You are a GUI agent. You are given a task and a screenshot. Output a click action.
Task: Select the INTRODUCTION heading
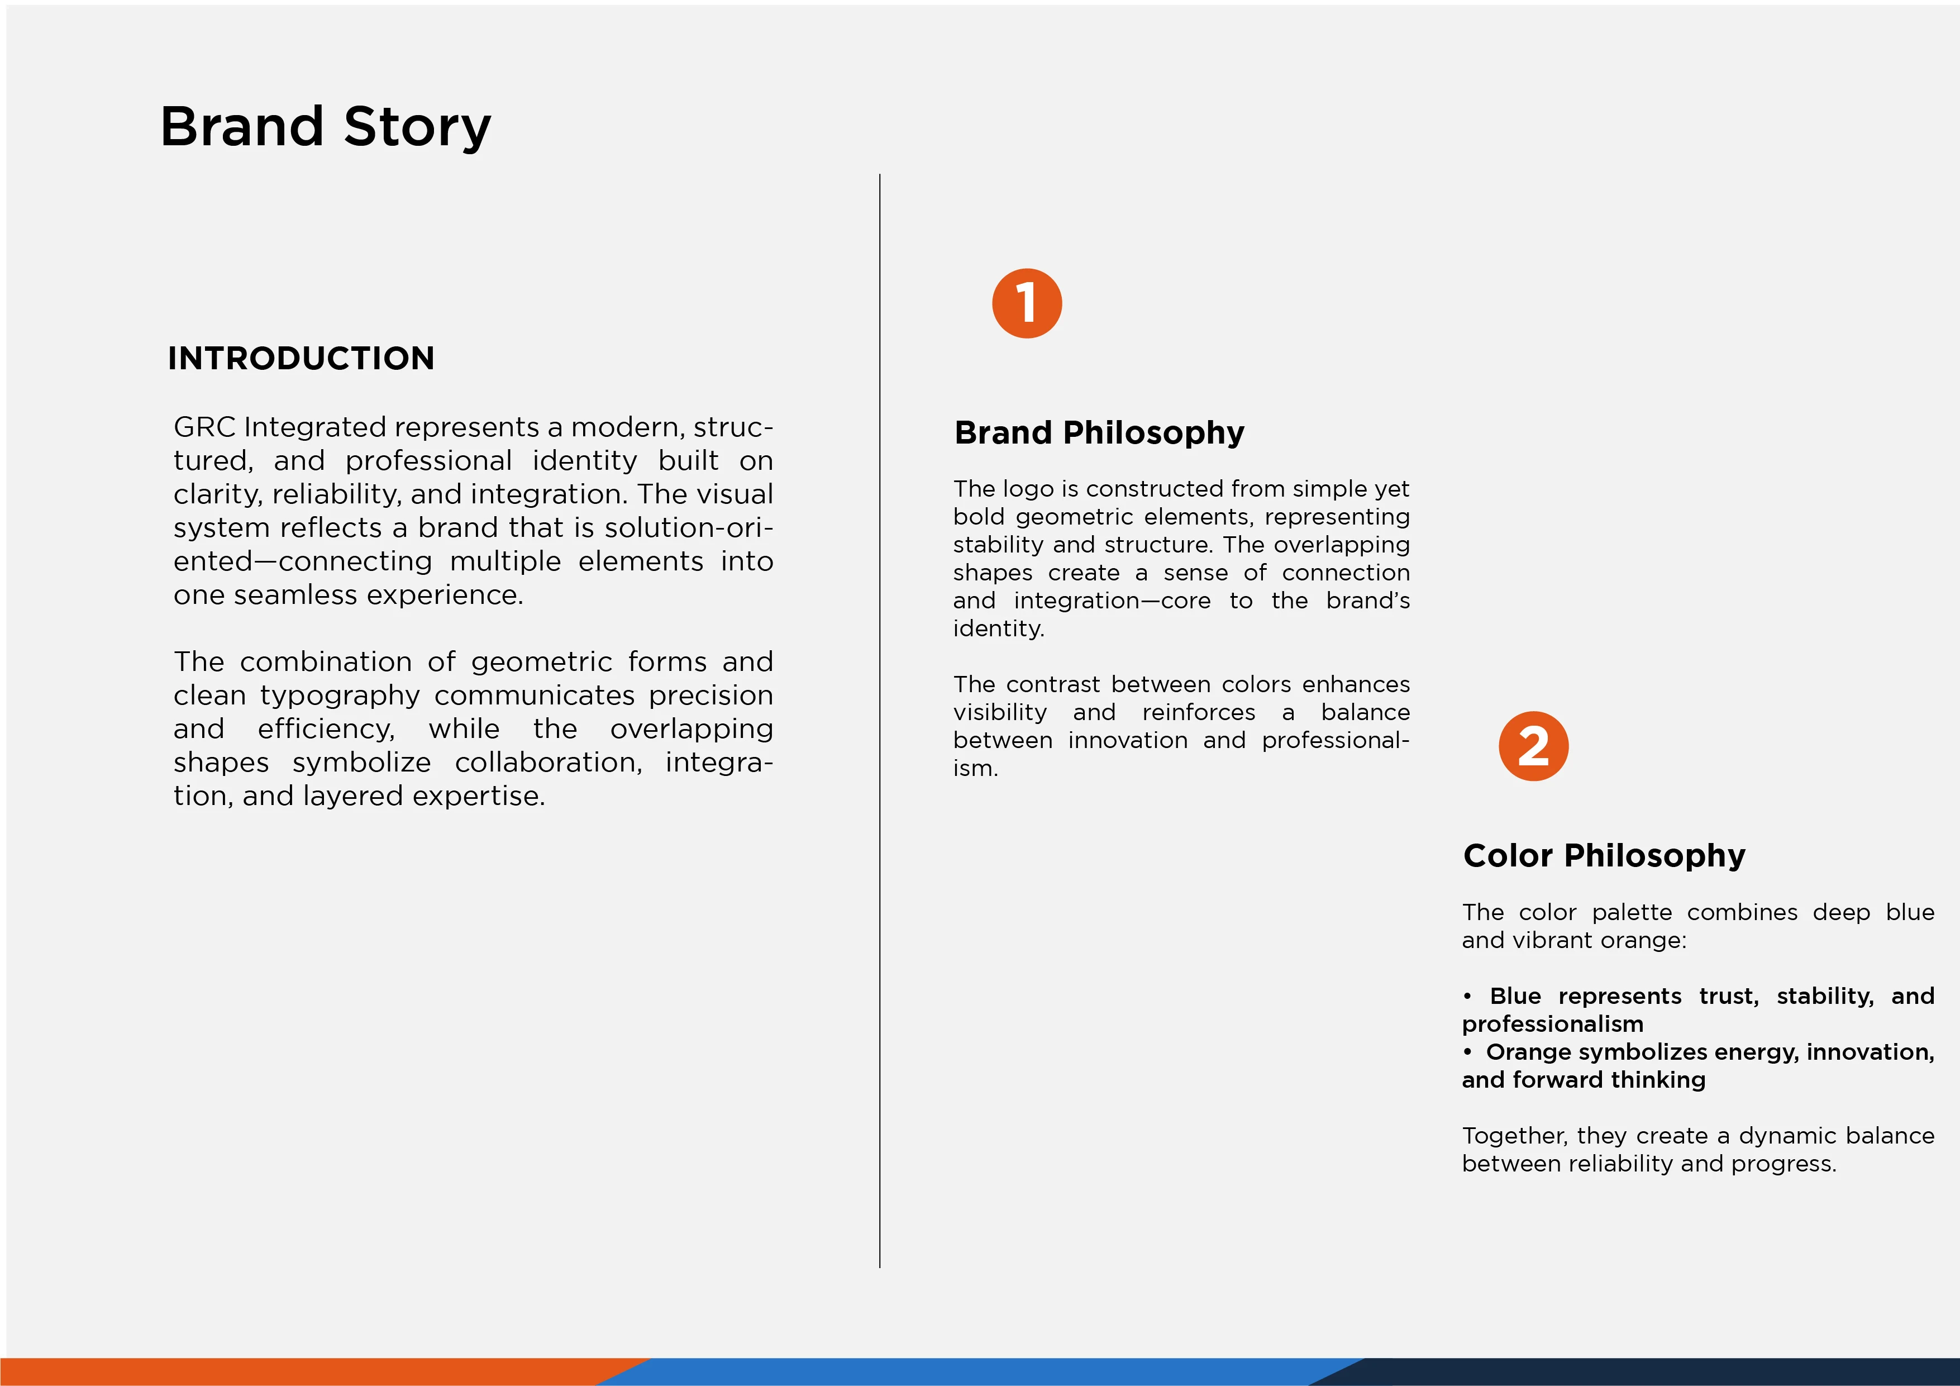point(301,358)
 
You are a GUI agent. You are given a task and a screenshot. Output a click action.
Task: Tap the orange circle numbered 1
point(1027,303)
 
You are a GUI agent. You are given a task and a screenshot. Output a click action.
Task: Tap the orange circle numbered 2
point(1533,746)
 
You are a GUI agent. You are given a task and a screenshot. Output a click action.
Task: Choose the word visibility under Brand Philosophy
point(1000,712)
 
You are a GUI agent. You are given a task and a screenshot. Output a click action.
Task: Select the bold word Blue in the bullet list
point(1515,996)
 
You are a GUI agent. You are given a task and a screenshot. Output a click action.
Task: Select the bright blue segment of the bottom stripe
point(982,1371)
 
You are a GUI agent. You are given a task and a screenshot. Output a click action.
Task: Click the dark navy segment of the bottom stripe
point(1648,1371)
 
